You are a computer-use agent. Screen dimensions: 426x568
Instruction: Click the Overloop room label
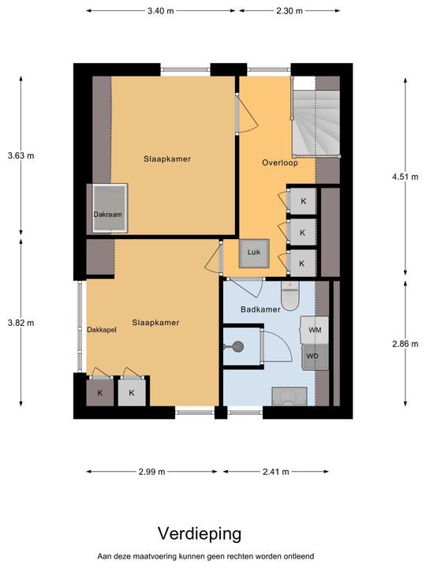coord(280,163)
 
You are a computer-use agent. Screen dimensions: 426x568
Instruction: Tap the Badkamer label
coord(260,309)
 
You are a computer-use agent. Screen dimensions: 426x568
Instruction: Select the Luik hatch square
coord(254,253)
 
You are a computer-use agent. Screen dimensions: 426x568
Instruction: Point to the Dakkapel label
coord(102,330)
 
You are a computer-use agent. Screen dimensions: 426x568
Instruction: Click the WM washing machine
coord(315,330)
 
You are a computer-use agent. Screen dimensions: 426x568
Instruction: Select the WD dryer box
coord(315,357)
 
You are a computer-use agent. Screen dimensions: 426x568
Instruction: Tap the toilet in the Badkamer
coord(290,296)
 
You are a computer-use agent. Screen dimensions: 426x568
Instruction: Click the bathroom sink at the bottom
coord(289,397)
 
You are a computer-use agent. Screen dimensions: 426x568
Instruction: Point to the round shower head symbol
coord(237,346)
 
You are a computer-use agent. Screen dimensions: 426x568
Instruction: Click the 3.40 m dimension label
coord(160,11)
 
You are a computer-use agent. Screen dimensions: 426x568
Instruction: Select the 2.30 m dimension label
coord(290,11)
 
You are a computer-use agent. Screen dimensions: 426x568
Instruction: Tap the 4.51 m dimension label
coord(405,177)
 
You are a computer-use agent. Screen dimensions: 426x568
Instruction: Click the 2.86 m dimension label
coord(405,344)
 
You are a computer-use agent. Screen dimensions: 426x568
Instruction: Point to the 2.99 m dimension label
coord(151,472)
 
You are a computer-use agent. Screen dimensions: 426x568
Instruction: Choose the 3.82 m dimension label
coord(21,323)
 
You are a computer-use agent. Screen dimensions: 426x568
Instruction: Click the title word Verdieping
coord(200,534)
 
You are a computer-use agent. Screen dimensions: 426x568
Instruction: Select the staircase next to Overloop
coord(316,117)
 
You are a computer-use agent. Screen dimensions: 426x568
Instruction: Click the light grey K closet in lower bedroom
coord(132,392)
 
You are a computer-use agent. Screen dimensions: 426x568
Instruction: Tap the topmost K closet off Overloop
coord(303,201)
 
